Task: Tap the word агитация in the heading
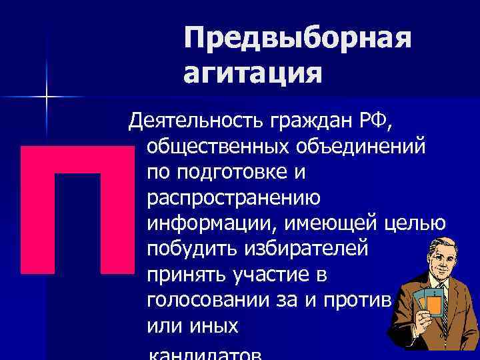[253, 71]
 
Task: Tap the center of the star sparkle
[47, 98]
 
